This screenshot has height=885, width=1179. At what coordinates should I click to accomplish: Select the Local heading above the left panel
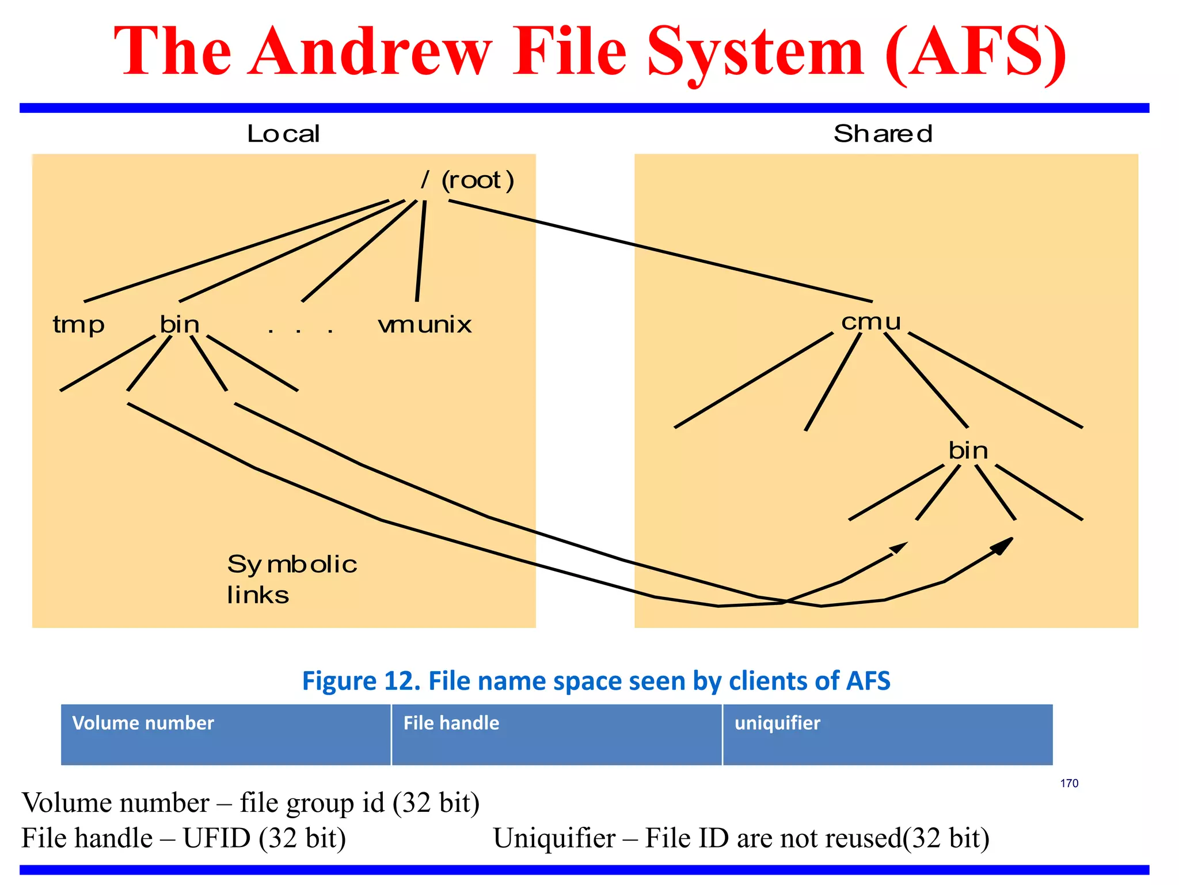pyautogui.click(x=283, y=134)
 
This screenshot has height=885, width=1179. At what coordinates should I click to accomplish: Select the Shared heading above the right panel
pyautogui.click(x=883, y=134)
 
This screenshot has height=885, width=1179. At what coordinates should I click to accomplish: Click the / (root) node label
pyautogui.click(x=467, y=180)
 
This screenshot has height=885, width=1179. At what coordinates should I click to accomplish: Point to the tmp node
pyautogui.click(x=78, y=325)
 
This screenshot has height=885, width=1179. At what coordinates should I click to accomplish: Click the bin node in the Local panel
pyautogui.click(x=180, y=324)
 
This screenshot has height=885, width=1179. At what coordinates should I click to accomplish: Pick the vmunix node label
pyautogui.click(x=425, y=325)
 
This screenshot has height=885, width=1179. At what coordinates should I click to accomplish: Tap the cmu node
pyautogui.click(x=871, y=322)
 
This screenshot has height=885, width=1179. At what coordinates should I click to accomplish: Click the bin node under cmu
pyautogui.click(x=968, y=450)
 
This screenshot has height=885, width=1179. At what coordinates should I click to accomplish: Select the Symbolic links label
pyautogui.click(x=292, y=578)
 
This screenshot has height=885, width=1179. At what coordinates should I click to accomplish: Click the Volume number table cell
pyautogui.click(x=226, y=735)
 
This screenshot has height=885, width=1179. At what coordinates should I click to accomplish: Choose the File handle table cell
pyautogui.click(x=556, y=735)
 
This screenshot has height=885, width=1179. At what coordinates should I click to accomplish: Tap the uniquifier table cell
pyautogui.click(x=887, y=735)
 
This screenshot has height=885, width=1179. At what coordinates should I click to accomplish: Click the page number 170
pyautogui.click(x=1069, y=783)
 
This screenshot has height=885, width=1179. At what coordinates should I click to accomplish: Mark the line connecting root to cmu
pyautogui.click(x=660, y=251)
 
